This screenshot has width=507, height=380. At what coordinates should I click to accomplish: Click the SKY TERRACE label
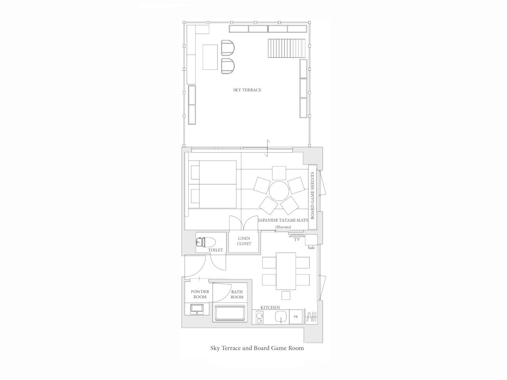click(247, 90)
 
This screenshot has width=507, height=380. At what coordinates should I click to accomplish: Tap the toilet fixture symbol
click(206, 242)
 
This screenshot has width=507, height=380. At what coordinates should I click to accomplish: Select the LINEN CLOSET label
click(244, 241)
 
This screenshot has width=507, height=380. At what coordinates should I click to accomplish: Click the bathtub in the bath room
click(230, 313)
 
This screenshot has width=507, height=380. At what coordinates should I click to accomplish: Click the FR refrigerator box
click(295, 317)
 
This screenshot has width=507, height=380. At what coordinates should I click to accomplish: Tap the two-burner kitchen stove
click(260, 317)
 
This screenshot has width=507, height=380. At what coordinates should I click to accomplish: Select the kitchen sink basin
click(281, 317)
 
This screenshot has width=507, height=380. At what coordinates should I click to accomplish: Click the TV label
click(297, 239)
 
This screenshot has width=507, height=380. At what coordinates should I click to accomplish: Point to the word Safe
click(311, 248)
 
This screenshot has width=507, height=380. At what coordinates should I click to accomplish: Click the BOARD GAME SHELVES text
click(312, 196)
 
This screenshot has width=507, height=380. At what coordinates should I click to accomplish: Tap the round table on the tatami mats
click(279, 191)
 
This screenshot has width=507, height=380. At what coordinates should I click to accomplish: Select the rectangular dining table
click(286, 271)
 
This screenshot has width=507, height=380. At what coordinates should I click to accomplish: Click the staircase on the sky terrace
click(287, 48)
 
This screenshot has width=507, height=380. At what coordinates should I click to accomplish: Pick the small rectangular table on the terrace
click(210, 57)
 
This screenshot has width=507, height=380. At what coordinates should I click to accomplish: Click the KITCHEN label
click(270, 307)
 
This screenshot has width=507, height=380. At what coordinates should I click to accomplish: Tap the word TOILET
click(215, 250)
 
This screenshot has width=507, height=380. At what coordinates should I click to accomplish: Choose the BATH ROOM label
click(237, 295)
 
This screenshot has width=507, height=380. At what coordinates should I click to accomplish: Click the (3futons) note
click(283, 227)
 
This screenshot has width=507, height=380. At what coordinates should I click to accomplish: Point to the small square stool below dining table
click(286, 295)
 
